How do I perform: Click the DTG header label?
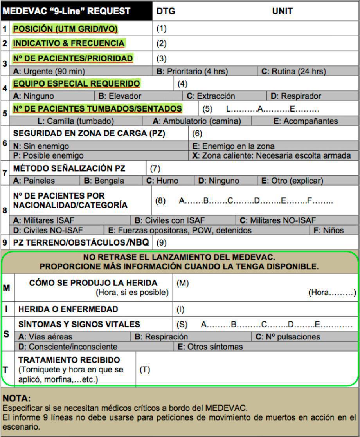166,11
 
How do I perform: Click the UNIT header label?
282,11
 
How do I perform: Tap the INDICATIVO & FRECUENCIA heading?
69,43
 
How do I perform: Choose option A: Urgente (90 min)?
49,71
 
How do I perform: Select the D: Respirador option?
295,96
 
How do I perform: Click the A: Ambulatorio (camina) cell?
196,121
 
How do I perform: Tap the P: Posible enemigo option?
48,155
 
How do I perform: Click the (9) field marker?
161,243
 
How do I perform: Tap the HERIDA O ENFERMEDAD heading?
68,309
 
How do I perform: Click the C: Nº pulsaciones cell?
288,337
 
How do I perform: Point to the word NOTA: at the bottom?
16,399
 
